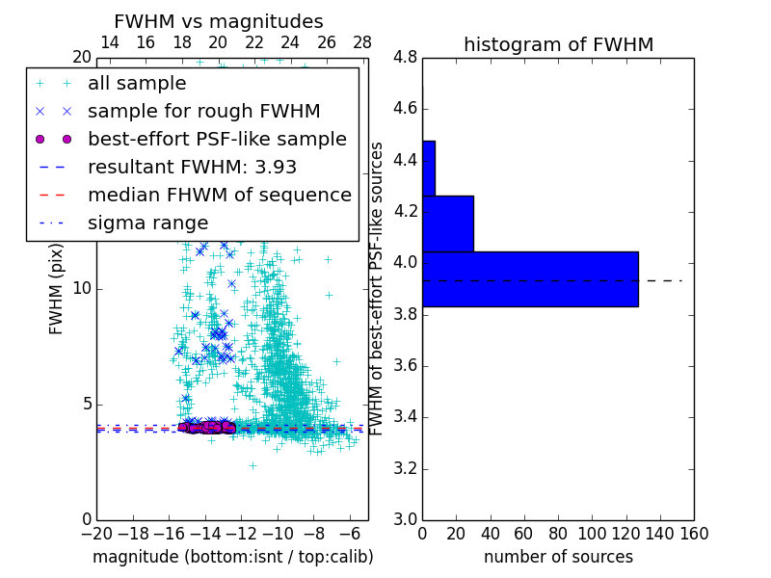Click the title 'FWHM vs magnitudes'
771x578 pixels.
pos(219,21)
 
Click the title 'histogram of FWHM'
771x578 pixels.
pos(558,44)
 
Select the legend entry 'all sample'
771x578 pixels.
pos(137,84)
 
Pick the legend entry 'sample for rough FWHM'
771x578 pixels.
pos(203,112)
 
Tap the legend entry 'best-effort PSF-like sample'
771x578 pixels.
pos(217,140)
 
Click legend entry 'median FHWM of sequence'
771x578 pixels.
pos(219,196)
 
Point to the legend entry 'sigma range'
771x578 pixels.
pos(147,223)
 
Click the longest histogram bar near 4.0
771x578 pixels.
pos(530,278)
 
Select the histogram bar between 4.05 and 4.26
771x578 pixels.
pos(448,223)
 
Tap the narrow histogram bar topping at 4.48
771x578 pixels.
pos(429,169)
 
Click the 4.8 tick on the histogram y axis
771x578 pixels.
pos(405,57)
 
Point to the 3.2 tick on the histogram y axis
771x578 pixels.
pos(405,469)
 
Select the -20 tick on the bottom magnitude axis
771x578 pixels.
pos(95,533)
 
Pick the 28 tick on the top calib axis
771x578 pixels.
pos(362,43)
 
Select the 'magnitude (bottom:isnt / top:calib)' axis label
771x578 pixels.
pos(232,557)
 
